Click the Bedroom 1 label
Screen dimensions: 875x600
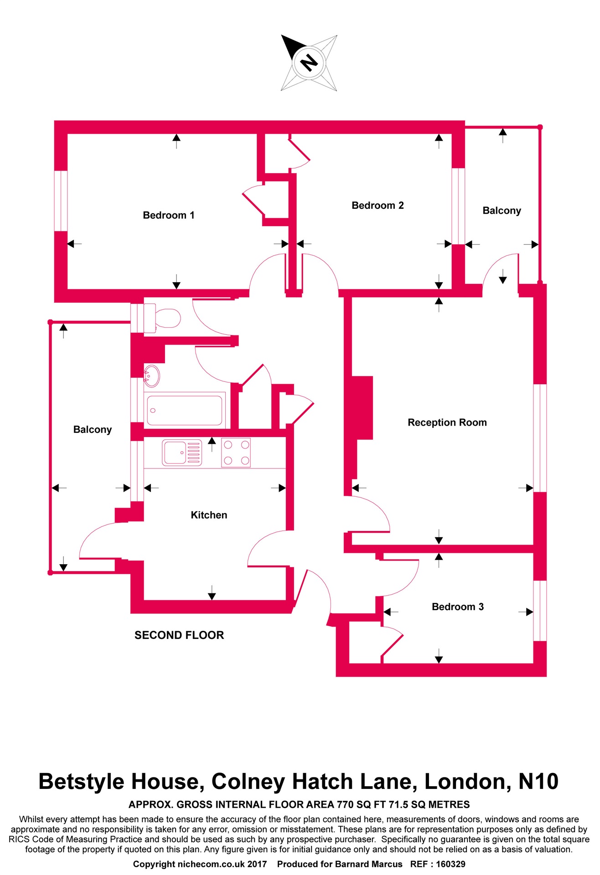point(169,215)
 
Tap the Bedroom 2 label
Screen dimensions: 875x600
point(378,206)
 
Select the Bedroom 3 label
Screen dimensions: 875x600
point(457,607)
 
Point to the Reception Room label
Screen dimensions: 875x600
point(447,422)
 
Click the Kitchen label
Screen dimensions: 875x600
point(209,515)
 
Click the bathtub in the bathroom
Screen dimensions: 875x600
point(185,410)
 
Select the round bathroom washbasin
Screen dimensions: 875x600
point(152,376)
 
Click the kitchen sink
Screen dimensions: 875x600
point(182,453)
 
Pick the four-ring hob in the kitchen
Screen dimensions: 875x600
point(236,453)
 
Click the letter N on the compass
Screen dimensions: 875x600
point(309,62)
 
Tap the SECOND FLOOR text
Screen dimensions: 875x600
point(179,635)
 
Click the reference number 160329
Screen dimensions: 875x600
point(450,864)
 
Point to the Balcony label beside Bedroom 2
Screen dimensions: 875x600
point(502,211)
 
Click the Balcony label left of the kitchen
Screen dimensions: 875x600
point(93,429)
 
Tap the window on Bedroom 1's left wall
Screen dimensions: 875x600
point(61,201)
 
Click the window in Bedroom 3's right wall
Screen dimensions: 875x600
point(540,611)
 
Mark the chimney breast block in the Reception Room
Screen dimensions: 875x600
point(362,407)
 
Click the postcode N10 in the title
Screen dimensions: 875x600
point(538,782)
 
